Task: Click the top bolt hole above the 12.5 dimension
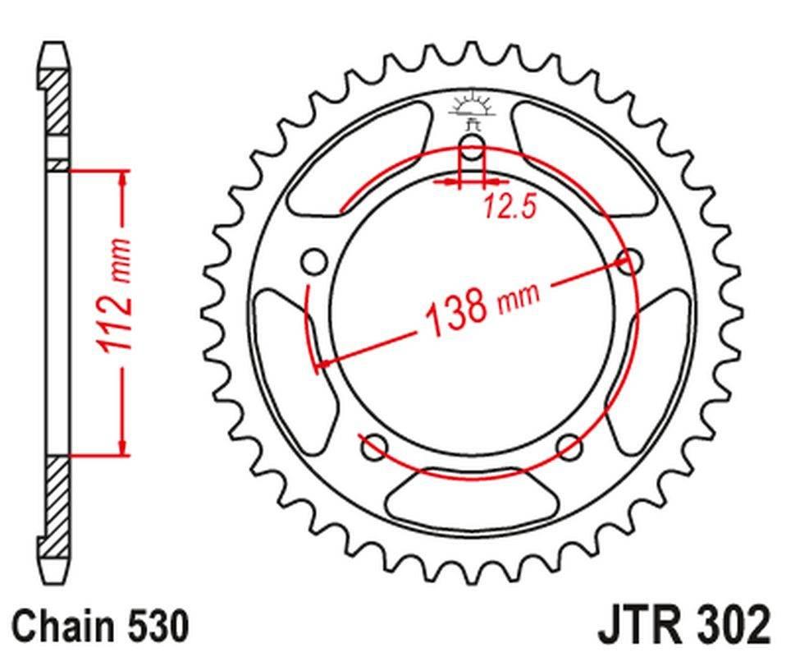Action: point(473,149)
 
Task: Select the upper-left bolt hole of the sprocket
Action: point(313,263)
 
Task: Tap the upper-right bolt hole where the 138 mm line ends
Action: point(630,262)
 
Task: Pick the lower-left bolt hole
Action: point(374,448)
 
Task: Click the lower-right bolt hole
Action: point(569,447)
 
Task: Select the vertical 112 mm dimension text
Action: point(115,296)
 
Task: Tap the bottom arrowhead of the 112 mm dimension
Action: point(123,447)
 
